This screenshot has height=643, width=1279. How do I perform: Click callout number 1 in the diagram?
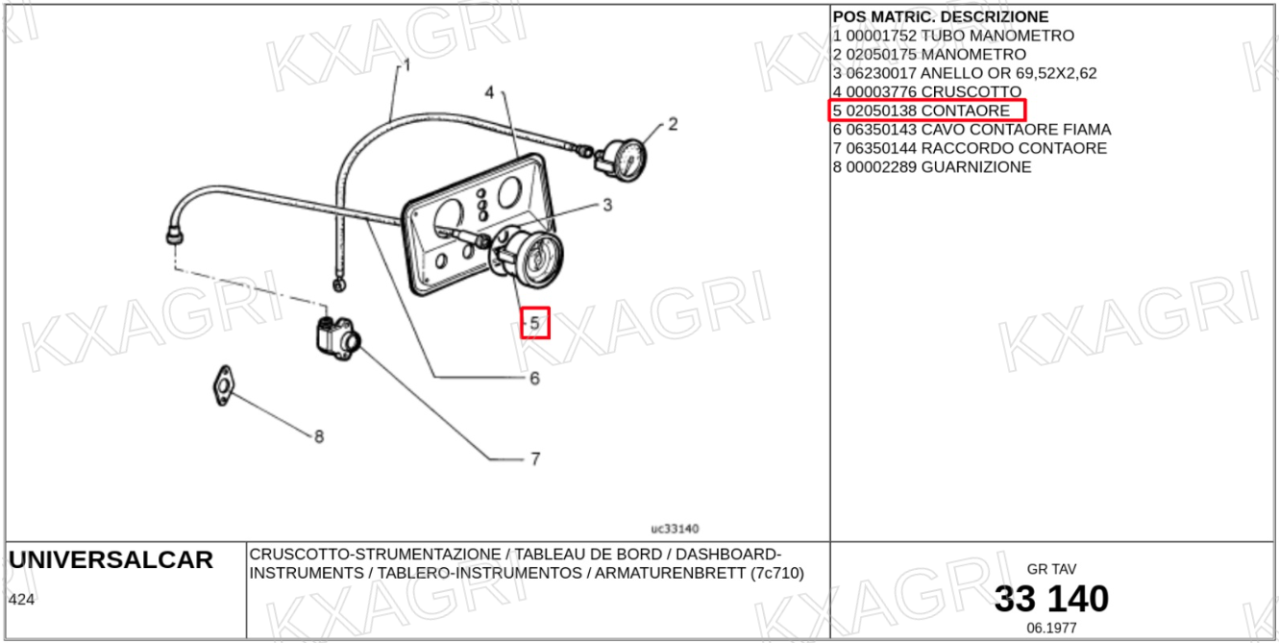pos(406,65)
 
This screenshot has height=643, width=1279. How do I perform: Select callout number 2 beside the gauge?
pos(673,123)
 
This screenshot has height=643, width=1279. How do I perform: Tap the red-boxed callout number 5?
pos(535,324)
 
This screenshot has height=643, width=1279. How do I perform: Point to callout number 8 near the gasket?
pos(319,437)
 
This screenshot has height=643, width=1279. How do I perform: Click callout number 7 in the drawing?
pos(535,459)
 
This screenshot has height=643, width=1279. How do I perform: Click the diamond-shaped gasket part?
pos(225,384)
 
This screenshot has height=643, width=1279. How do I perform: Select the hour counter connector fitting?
pos(336,335)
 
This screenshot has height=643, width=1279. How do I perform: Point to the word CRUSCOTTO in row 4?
pos(971,92)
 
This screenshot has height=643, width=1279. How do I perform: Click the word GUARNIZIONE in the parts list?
pos(976,167)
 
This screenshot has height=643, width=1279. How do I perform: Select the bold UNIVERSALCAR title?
pos(111,560)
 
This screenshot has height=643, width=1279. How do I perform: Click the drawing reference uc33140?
pos(675,529)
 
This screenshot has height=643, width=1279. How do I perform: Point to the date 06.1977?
pos(1051,628)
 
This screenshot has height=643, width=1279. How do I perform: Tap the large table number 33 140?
pos(1051,599)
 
